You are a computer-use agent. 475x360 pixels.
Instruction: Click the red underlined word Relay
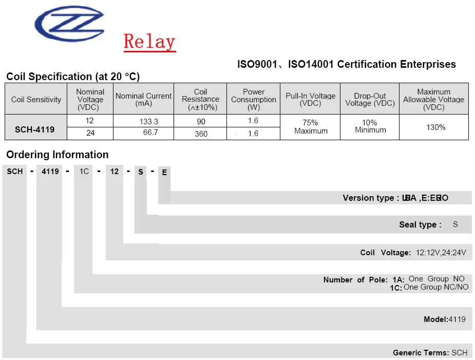click(149, 42)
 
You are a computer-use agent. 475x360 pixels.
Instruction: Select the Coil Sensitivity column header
click(36, 99)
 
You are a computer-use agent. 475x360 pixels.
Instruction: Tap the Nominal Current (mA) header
click(144, 99)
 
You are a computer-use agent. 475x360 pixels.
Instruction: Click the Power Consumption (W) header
click(254, 99)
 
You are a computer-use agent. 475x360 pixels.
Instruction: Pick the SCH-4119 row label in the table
click(34, 129)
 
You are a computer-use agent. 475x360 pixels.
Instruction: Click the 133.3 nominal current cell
click(149, 122)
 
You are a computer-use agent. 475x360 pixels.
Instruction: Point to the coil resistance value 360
click(201, 134)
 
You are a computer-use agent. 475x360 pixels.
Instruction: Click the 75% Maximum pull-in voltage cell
click(311, 127)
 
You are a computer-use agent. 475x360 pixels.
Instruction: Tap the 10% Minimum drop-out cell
click(370, 126)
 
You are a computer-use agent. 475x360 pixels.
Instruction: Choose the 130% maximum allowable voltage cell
click(435, 127)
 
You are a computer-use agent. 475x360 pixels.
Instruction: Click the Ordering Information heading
click(58, 155)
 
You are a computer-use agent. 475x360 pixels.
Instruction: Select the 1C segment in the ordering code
click(84, 172)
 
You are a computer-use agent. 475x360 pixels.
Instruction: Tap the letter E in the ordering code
click(164, 173)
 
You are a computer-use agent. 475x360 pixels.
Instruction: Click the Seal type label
click(420, 224)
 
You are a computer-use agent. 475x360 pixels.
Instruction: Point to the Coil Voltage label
click(385, 253)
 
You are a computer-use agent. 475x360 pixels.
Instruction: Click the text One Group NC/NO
click(436, 287)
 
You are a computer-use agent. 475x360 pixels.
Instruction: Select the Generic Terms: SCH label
click(430, 353)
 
